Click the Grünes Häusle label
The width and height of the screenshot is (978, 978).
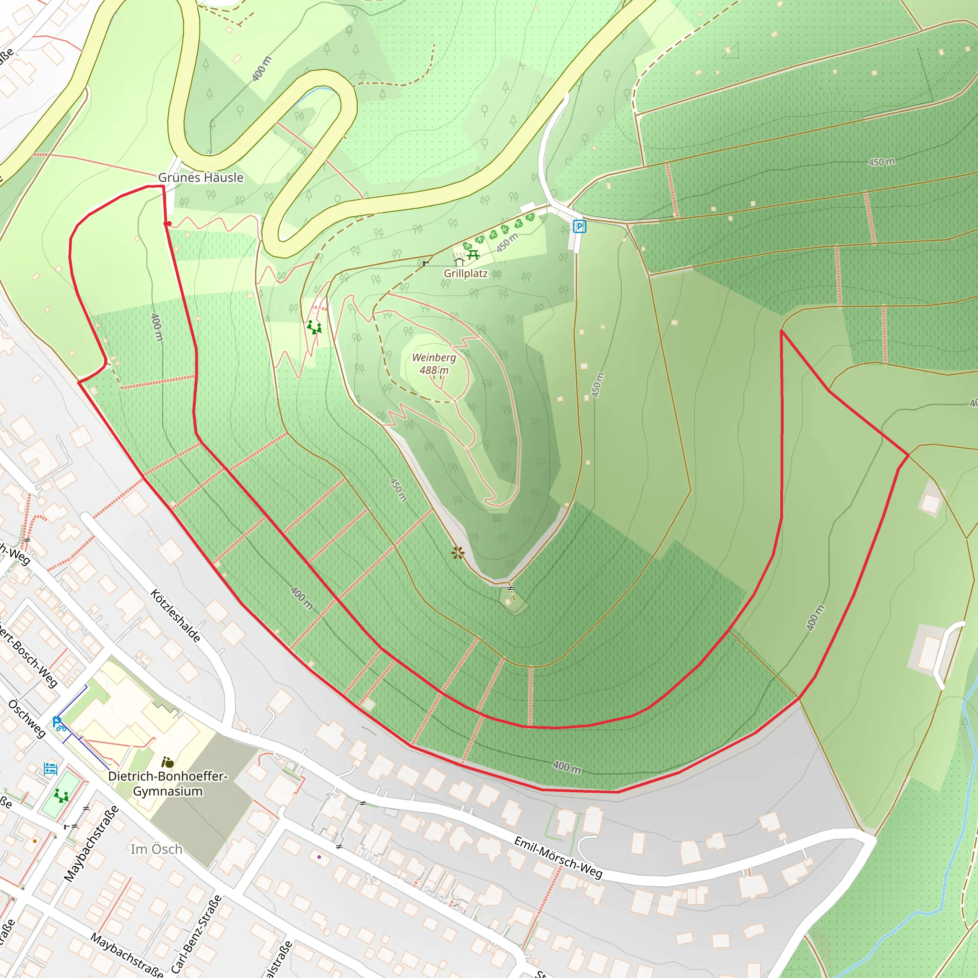(x=201, y=178)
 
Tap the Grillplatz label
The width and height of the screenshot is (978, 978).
(x=465, y=273)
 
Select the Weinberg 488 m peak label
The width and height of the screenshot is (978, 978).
(x=434, y=363)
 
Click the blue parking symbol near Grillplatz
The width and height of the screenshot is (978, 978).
(x=579, y=226)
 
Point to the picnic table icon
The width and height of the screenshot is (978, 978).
(x=473, y=255)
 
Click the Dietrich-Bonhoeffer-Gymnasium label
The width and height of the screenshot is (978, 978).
(x=168, y=783)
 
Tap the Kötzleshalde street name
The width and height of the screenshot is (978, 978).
(x=176, y=616)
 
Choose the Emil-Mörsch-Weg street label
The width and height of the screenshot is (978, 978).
(x=558, y=858)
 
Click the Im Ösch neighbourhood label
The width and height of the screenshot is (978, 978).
(x=157, y=849)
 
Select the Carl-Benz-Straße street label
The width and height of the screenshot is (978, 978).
(x=196, y=934)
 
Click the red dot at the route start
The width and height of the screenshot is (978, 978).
(x=169, y=223)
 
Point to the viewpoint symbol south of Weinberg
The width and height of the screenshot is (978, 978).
(x=457, y=553)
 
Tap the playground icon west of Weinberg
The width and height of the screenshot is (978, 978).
(x=314, y=327)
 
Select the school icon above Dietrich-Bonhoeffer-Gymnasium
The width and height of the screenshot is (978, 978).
(x=168, y=762)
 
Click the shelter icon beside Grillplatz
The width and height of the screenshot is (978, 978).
(x=459, y=262)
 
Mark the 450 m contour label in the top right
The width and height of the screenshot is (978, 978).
(x=882, y=162)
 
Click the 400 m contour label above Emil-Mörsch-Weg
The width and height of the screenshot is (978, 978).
(x=566, y=767)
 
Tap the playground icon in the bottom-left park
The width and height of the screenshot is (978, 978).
(x=61, y=796)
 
